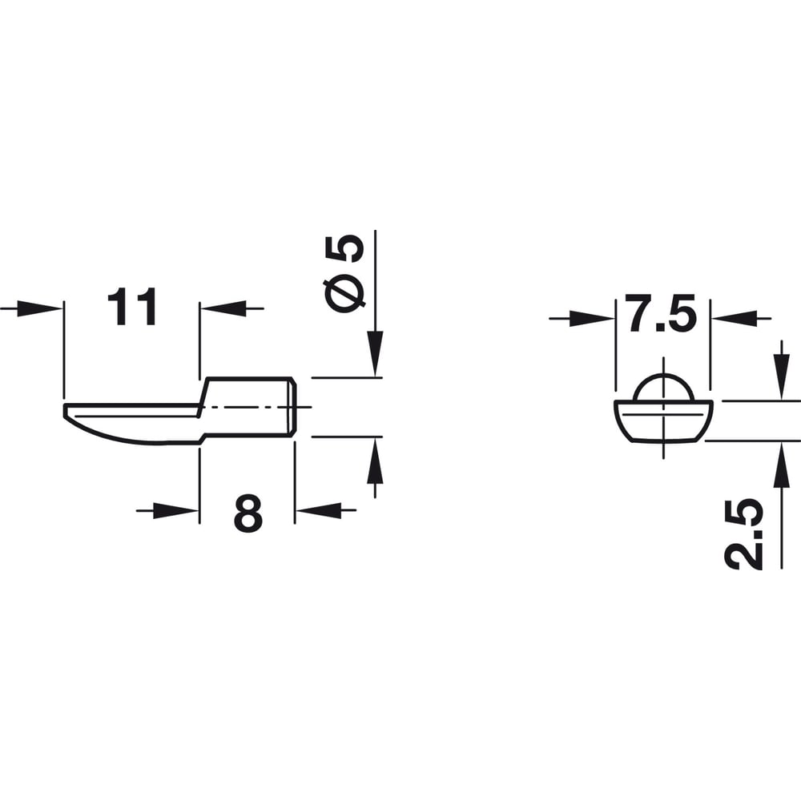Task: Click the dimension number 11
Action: coord(131,308)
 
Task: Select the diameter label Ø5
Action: coord(345,273)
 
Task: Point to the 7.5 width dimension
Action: coord(662,312)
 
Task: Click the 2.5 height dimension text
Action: coord(744,533)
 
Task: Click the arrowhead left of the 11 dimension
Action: coord(40,308)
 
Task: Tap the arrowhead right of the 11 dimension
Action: coord(223,308)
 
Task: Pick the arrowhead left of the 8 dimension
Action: coord(175,510)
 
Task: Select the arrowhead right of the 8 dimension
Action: coord(318,510)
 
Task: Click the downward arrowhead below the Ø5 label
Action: coord(375,353)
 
